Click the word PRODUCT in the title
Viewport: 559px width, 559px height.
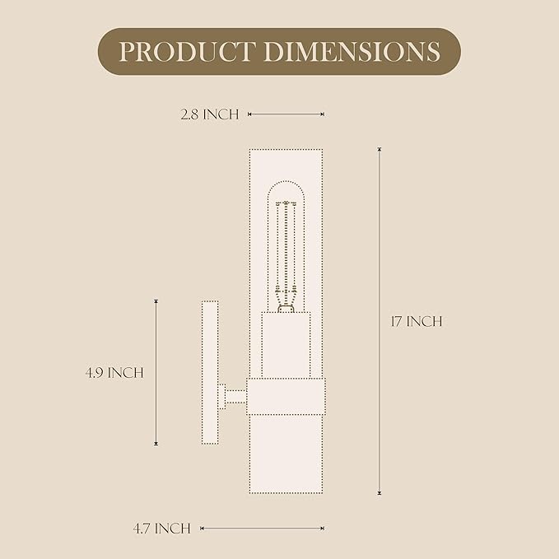(x=187, y=52)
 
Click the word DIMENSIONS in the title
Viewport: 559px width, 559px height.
(x=352, y=52)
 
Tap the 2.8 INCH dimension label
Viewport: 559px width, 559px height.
(x=210, y=114)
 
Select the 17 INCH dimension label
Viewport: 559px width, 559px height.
(x=417, y=321)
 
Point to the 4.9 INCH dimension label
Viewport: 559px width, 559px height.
(x=114, y=373)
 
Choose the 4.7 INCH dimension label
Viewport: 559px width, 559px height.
(x=162, y=529)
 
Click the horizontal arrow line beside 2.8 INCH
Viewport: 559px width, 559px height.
(x=286, y=114)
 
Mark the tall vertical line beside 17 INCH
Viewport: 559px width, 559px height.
(x=380, y=321)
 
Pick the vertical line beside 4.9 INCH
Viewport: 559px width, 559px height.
(x=156, y=373)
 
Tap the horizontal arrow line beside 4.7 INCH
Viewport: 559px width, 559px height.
(x=263, y=529)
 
